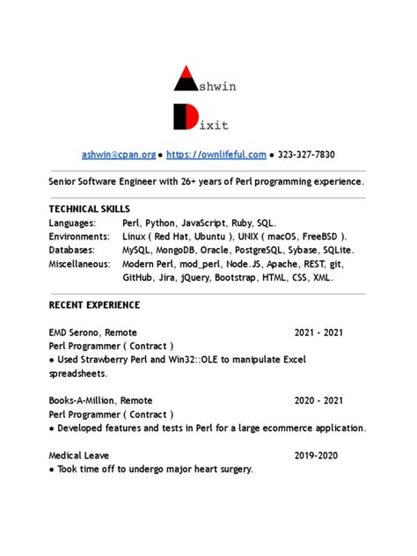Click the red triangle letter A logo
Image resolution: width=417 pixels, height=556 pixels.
[x=186, y=79]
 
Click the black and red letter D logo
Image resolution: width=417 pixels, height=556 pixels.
[x=185, y=116]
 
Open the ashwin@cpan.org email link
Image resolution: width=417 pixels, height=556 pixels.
[x=119, y=155]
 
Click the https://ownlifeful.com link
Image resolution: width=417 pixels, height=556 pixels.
[x=216, y=155]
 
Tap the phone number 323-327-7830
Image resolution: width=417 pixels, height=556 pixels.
[x=306, y=155]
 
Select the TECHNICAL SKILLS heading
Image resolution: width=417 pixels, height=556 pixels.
[x=89, y=209]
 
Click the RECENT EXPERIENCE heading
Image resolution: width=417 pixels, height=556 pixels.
[x=94, y=305]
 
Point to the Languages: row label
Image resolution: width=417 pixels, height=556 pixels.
[x=73, y=223]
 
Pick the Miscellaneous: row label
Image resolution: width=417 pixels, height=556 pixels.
[x=80, y=264]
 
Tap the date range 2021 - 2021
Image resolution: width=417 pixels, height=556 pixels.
[x=318, y=333]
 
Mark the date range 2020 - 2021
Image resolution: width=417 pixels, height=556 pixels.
[x=318, y=400]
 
